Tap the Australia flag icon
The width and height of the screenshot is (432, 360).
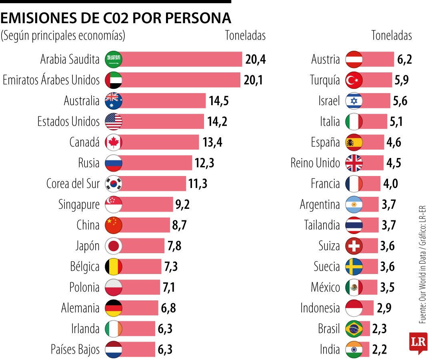pyautogui.click(x=113, y=100)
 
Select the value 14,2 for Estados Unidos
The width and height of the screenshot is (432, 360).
pyautogui.click(x=217, y=121)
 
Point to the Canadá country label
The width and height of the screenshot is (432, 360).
pyautogui.click(x=84, y=142)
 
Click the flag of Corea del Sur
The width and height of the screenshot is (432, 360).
pyautogui.click(x=113, y=184)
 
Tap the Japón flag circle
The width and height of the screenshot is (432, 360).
pyautogui.click(x=113, y=246)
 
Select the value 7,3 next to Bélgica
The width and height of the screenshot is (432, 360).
pyautogui.click(x=172, y=266)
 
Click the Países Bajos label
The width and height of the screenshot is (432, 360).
pyautogui.click(x=75, y=349)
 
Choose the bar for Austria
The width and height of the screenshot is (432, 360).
pyautogui.click(x=378, y=59)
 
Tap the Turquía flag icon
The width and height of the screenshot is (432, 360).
pyautogui.click(x=354, y=80)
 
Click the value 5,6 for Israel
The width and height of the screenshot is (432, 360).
pyautogui.click(x=400, y=101)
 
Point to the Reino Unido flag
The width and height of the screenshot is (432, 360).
pyautogui.click(x=354, y=163)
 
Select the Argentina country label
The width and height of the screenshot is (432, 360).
pyautogui.click(x=320, y=204)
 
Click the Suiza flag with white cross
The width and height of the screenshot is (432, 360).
pyautogui.click(x=354, y=246)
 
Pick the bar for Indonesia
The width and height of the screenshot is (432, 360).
pyautogui.click(x=368, y=308)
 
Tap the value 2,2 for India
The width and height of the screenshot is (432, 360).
pyautogui.click(x=380, y=349)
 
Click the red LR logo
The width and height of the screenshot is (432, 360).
pyautogui.click(x=418, y=342)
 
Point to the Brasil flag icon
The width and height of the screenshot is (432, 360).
pyautogui.click(x=354, y=329)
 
